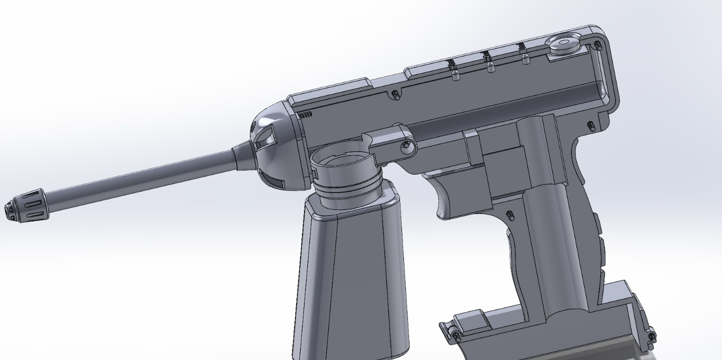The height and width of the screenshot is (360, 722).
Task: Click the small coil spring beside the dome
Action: click(x=304, y=114)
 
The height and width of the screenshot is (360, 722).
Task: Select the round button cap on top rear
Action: click(x=563, y=43)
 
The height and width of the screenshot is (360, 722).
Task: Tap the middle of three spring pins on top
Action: click(x=490, y=64)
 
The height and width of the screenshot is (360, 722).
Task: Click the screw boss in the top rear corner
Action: click(x=597, y=46)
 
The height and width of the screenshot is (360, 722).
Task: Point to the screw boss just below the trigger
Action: click(x=509, y=216)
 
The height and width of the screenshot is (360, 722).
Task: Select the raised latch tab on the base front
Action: click(x=472, y=318)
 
